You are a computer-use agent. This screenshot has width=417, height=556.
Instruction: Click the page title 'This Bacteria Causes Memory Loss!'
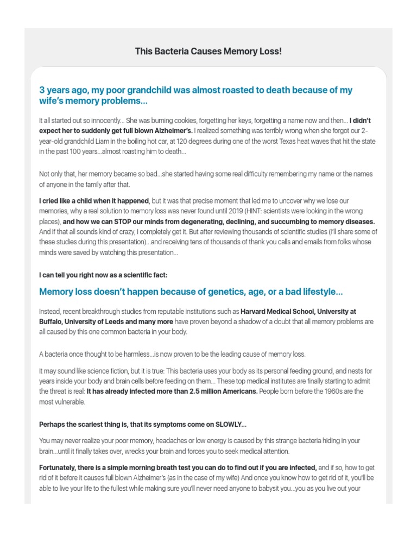(208, 52)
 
